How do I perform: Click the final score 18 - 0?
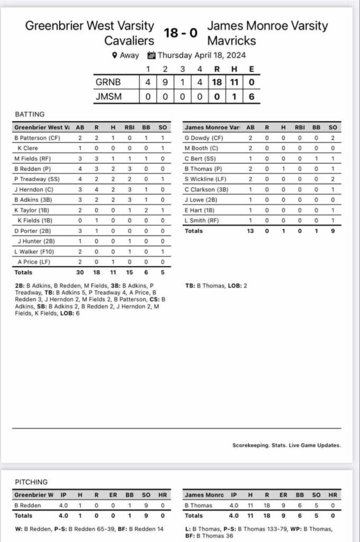tap(181, 33)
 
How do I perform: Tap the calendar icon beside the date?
tap(151, 55)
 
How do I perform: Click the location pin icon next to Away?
tap(114, 55)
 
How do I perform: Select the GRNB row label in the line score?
tap(108, 83)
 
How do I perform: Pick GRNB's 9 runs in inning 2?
tap(165, 83)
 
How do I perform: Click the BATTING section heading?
tap(29, 114)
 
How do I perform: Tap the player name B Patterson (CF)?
tap(38, 138)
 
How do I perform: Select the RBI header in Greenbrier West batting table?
tap(128, 127)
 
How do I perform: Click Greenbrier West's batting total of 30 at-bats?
tap(80, 273)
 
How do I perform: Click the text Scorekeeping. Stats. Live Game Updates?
tap(286, 445)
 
